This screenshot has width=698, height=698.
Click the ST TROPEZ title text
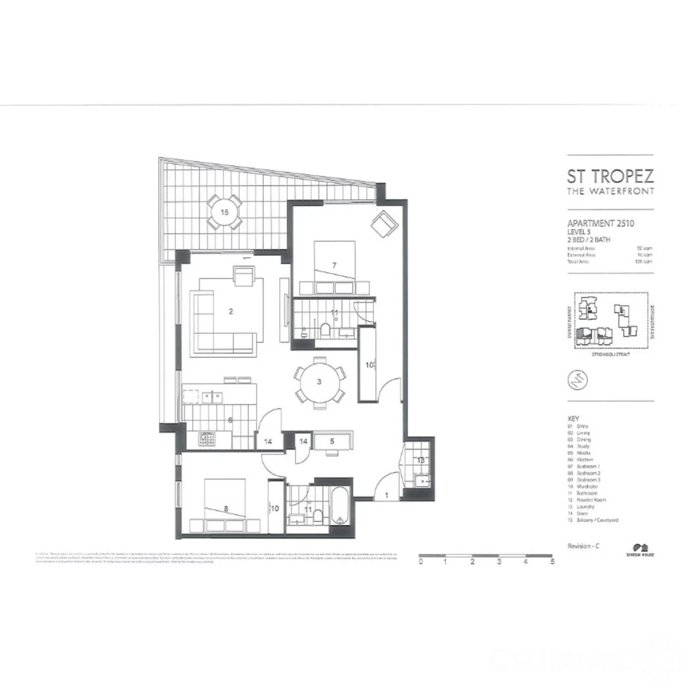(610, 176)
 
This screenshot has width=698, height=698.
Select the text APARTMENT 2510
(600, 224)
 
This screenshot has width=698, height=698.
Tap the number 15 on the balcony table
(224, 212)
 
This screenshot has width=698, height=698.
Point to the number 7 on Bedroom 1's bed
(334, 266)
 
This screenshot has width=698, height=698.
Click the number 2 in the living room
(231, 311)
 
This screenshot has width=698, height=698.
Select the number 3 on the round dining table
(319, 381)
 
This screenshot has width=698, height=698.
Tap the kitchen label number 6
(230, 420)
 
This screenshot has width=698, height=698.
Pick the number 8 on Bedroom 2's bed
(225, 509)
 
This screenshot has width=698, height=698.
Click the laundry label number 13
(420, 460)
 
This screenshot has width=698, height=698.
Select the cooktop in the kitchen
(206, 439)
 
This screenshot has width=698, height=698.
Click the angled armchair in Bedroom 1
(382, 224)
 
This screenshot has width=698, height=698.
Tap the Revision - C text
(584, 546)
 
